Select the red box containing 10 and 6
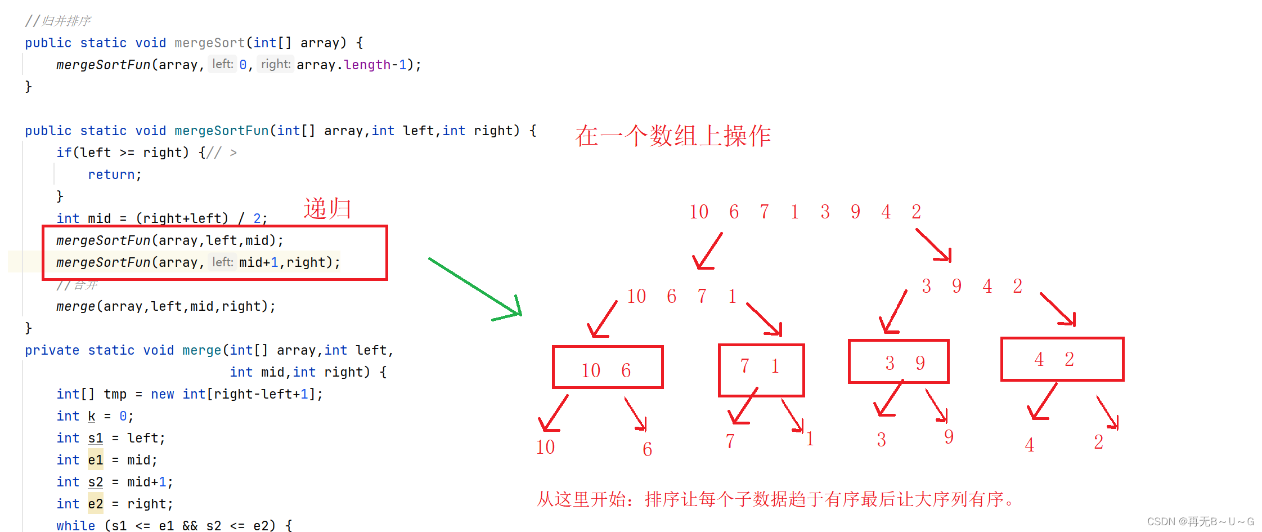pyautogui.click(x=608, y=367)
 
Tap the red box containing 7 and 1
pyautogui.click(x=761, y=370)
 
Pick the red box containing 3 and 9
pyautogui.click(x=899, y=361)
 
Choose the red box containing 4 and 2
pyautogui.click(x=1062, y=359)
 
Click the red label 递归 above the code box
pyautogui.click(x=327, y=209)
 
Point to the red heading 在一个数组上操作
pyautogui.click(x=673, y=136)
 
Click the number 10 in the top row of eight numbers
pyautogui.click(x=699, y=212)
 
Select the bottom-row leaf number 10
pyautogui.click(x=545, y=447)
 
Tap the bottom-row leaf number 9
pyautogui.click(x=949, y=437)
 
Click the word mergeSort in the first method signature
pyautogui.click(x=209, y=43)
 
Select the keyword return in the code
pyautogui.click(x=111, y=175)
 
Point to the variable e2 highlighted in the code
pyautogui.click(x=96, y=504)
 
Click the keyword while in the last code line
pyautogui.click(x=75, y=525)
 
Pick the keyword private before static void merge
pyautogui.click(x=52, y=350)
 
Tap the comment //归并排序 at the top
pyautogui.click(x=58, y=21)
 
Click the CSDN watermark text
pyautogui.click(x=1200, y=522)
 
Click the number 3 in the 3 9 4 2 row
pyautogui.click(x=926, y=286)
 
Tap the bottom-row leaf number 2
pyautogui.click(x=1098, y=442)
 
